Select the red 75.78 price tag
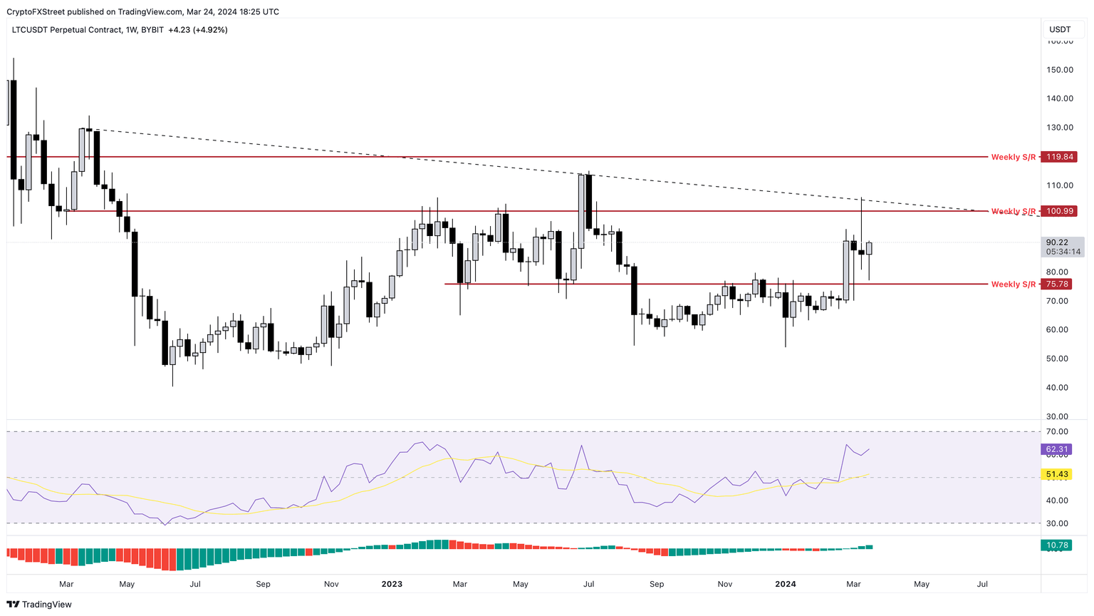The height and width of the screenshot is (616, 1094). pos(1058,284)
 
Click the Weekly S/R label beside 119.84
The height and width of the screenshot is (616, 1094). pos(1013,157)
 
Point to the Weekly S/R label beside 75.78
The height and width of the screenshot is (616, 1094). pos(1013,284)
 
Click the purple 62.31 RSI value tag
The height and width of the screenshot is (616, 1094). pos(1057,449)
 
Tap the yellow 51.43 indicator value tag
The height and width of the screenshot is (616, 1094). pos(1057,474)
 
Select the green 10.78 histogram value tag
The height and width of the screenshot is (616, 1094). pos(1057,545)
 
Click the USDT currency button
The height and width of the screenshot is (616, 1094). pos(1060,29)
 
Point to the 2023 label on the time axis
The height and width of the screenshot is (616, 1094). pos(392,584)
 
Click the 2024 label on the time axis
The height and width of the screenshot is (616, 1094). pos(786,584)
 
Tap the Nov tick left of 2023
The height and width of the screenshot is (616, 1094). pos(331,584)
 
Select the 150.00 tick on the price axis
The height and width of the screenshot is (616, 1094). pos(1059,70)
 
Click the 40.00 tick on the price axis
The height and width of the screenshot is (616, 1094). pos(1059,388)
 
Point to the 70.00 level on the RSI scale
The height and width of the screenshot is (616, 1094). pos(1058,432)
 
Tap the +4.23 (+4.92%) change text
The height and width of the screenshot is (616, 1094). pos(198,30)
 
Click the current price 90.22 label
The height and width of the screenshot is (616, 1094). pos(1058,242)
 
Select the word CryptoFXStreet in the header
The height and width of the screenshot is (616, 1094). pos(36,11)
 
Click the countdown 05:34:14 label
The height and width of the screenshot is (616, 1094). pos(1063,252)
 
